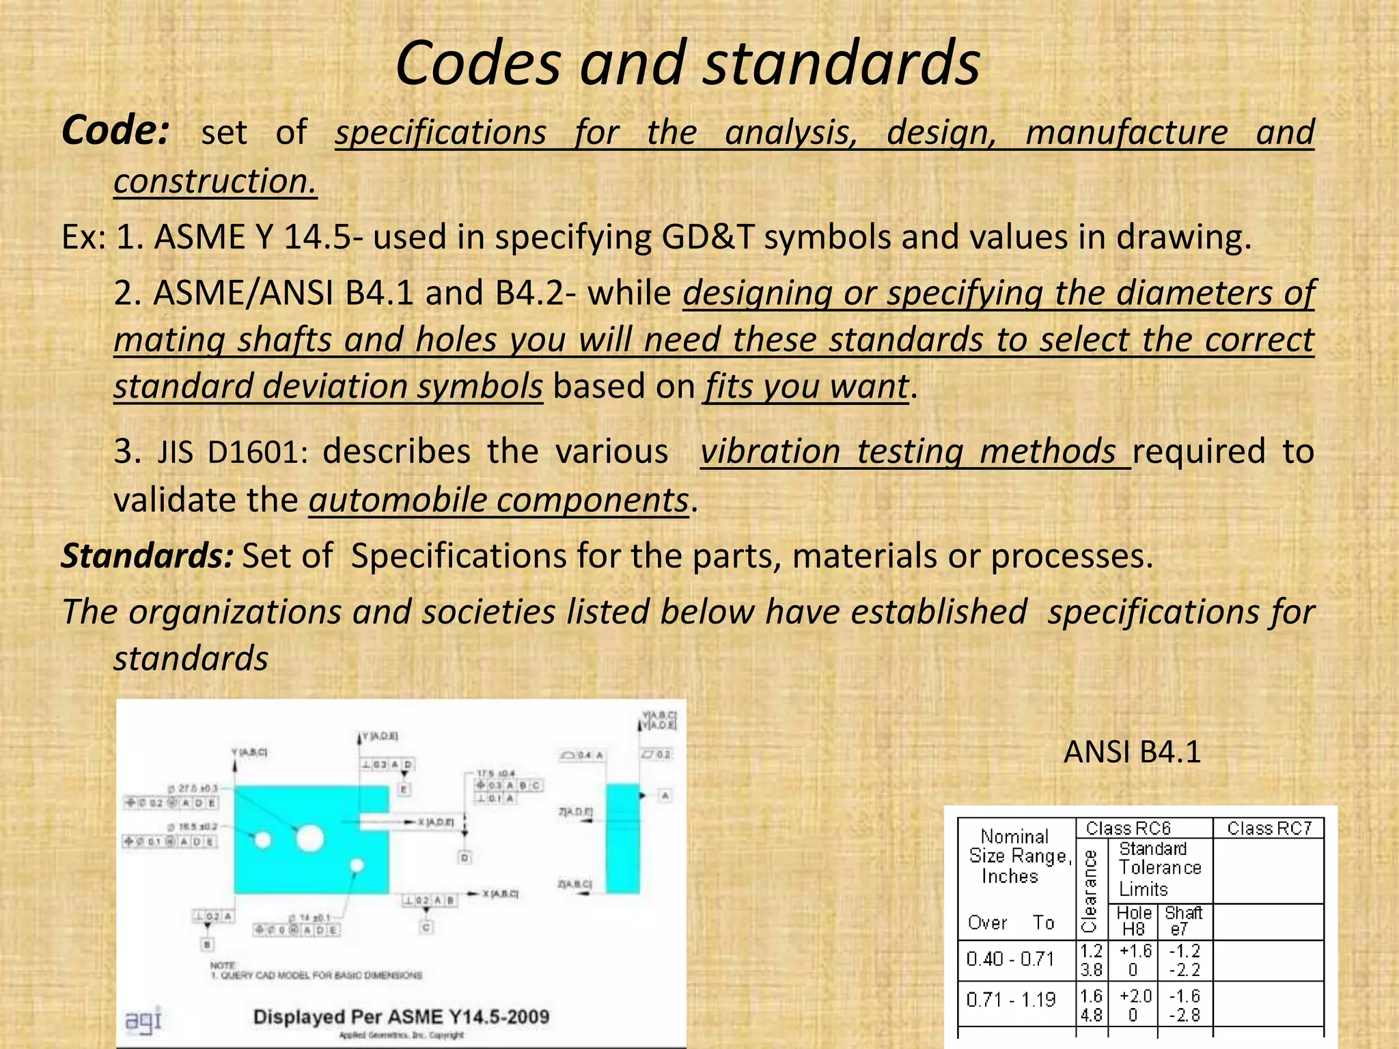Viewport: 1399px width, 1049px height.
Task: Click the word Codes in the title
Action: click(x=478, y=63)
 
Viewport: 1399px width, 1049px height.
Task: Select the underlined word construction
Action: click(x=215, y=182)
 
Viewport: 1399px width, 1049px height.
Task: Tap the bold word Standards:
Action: click(x=148, y=556)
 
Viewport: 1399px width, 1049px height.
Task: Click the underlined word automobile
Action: click(x=397, y=500)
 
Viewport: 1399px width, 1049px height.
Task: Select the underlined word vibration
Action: click(x=770, y=452)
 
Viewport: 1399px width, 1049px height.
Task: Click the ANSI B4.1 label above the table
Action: click(x=1132, y=752)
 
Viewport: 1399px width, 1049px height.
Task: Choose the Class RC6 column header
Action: click(x=1128, y=828)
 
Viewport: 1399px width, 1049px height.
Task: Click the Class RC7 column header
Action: click(x=1269, y=828)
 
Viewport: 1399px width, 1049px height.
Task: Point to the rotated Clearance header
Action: click(x=1090, y=890)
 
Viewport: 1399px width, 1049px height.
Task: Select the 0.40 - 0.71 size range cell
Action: click(x=1010, y=960)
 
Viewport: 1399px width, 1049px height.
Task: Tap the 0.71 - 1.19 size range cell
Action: click(x=1010, y=1000)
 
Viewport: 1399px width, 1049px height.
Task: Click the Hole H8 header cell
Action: click(x=1134, y=921)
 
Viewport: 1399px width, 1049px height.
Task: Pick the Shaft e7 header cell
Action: click(x=1183, y=921)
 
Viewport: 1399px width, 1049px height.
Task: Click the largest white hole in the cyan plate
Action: click(x=309, y=837)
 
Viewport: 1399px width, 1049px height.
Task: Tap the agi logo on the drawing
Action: click(x=143, y=1019)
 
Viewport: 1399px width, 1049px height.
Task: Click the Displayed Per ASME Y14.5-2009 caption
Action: click(x=401, y=1017)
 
